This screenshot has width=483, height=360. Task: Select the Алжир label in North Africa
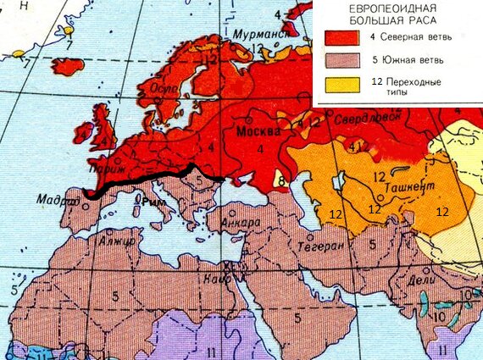click(118, 241)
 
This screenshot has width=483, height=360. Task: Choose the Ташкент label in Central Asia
click(411, 186)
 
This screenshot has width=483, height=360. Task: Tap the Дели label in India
click(421, 280)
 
